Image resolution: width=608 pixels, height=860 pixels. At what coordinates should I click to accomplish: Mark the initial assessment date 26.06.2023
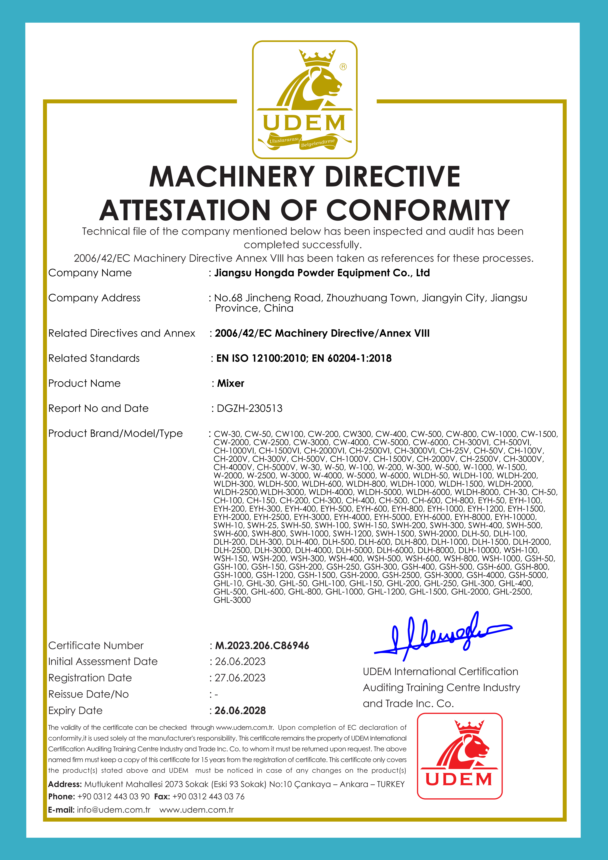point(240,661)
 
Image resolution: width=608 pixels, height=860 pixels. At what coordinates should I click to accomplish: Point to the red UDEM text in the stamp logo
point(459,779)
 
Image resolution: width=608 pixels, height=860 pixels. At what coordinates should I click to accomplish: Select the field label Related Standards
point(94,358)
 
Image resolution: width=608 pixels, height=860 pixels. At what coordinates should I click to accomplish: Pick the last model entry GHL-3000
point(232,600)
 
